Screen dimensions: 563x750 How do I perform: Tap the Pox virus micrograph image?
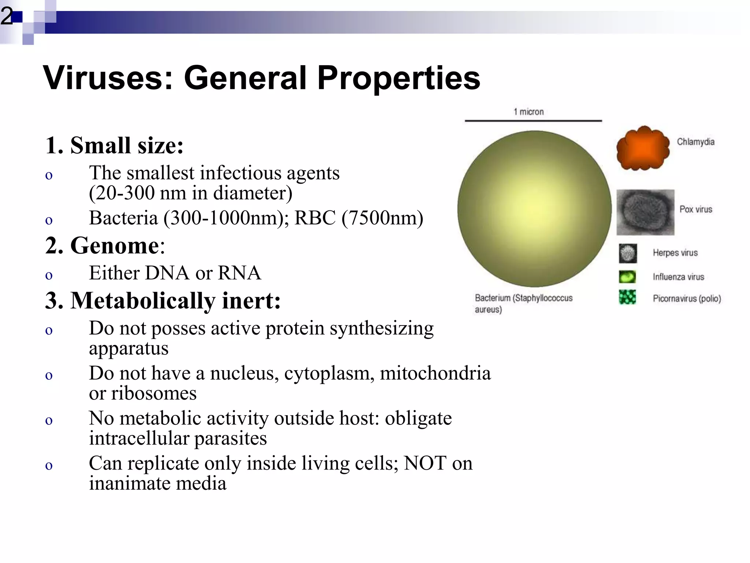[x=645, y=212]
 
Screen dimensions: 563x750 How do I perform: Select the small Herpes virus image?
[x=628, y=253]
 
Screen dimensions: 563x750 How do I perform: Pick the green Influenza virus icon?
[x=627, y=277]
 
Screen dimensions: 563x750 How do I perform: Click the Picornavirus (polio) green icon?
[x=627, y=297]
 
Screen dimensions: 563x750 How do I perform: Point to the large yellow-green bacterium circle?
[x=534, y=209]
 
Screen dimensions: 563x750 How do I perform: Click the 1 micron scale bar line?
[x=533, y=121]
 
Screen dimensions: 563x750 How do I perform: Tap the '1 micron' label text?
[x=528, y=112]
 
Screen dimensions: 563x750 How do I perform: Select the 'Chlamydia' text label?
[x=695, y=142]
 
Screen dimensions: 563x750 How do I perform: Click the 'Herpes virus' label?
[x=675, y=253]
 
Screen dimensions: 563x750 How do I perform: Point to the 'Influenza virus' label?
[x=678, y=277]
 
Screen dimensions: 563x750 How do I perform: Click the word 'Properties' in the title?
[x=398, y=78]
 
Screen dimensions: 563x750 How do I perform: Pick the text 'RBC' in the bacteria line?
[x=315, y=218]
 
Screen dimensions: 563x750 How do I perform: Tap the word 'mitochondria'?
[x=435, y=373]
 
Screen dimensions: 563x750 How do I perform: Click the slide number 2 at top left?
[x=7, y=16]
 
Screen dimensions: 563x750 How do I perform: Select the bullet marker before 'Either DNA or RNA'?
[x=49, y=275]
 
